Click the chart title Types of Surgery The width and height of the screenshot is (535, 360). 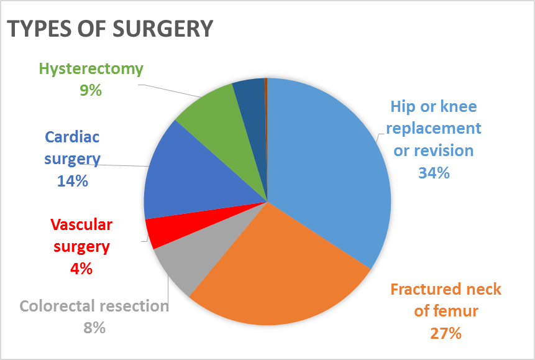[110, 29]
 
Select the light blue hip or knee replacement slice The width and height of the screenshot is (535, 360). [329, 162]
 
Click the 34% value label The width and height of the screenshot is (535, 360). [434, 173]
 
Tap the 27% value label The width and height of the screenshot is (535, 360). [446, 333]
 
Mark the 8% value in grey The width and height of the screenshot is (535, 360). [94, 328]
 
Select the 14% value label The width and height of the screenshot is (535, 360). [73, 181]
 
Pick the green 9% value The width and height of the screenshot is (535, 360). [91, 90]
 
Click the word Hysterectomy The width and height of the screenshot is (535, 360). [91, 69]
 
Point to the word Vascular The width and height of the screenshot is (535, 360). [81, 224]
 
